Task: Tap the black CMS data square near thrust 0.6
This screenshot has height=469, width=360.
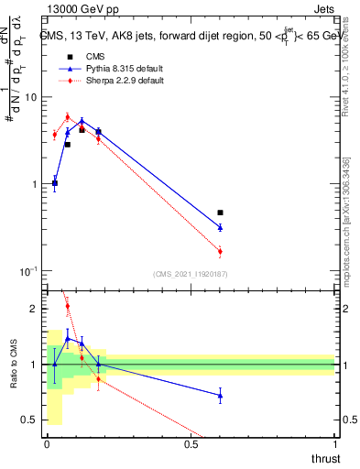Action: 220,213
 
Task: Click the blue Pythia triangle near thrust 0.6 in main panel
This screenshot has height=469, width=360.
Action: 220,227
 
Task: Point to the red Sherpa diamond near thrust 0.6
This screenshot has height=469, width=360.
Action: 220,251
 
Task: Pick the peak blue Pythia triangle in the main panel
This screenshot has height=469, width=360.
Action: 82,121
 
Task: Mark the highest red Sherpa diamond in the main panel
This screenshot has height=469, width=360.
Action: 68,117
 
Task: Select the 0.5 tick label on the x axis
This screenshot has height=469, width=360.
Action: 191,444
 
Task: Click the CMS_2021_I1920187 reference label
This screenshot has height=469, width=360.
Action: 191,274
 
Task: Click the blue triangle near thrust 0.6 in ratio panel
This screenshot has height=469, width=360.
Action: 220,396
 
